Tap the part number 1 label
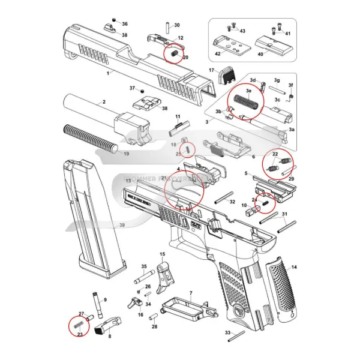click(x=107, y=73)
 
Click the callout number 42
click(x=219, y=54)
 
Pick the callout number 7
click(x=190, y=293)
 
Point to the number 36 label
click(x=125, y=23)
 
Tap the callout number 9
click(x=104, y=299)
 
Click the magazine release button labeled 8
click(x=100, y=328)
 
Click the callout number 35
click(x=144, y=266)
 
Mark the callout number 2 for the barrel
click(x=104, y=102)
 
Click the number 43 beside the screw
click(x=242, y=31)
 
